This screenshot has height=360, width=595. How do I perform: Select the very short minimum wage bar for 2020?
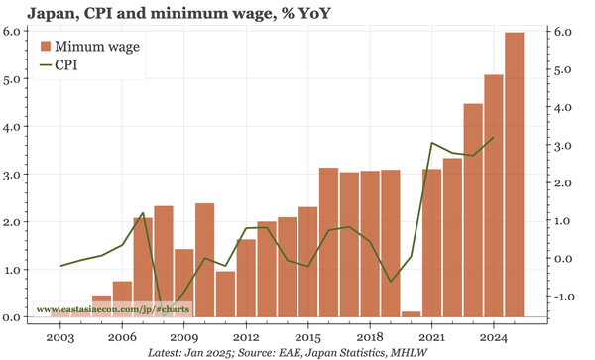412,314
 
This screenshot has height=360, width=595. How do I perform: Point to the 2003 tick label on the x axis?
60,337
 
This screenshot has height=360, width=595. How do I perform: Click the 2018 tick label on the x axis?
370,337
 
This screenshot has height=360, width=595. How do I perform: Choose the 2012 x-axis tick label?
246,337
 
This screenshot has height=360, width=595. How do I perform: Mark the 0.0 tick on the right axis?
562,259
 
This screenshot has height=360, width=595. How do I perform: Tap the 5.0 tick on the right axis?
562,70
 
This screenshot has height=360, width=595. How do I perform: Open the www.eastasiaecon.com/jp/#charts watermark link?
113,309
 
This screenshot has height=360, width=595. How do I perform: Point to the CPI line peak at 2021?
432,143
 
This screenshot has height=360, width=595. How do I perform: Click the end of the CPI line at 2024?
494,138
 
